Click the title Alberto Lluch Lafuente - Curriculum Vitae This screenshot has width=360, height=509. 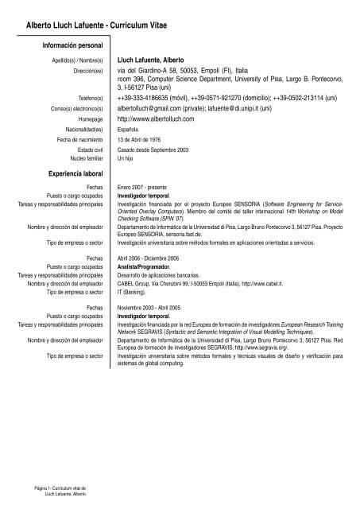(x=102, y=26)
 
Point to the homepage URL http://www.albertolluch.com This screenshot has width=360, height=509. (x=155, y=118)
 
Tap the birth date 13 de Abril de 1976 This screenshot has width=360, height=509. (x=148, y=141)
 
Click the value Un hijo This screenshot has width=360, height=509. (x=127, y=159)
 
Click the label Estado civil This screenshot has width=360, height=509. (x=91, y=150)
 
